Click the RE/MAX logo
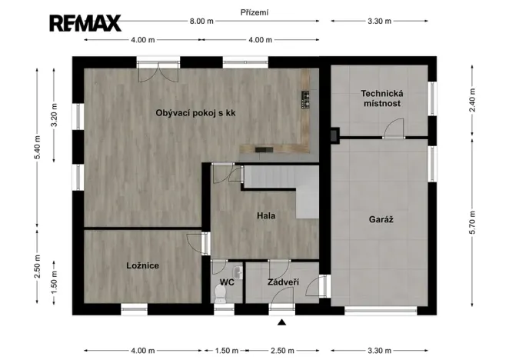[85, 23]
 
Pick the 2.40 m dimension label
[472, 101]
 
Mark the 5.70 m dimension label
[472, 224]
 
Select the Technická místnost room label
[381, 98]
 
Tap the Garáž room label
[382, 219]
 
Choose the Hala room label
[266, 215]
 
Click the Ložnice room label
[142, 265]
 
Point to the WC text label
[227, 282]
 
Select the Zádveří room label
[283, 282]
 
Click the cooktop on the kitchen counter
[305, 98]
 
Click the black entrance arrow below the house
[282, 323]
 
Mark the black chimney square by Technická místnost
[334, 136]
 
